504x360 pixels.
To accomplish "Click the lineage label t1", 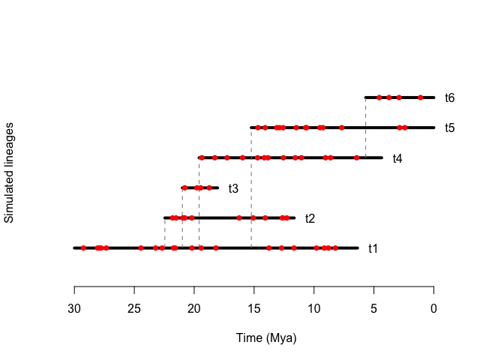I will coord(373,248).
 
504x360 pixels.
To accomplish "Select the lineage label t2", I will coord(310,218).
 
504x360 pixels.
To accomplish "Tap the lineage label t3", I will coord(233,188).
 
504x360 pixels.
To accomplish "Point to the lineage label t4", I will coord(397,158).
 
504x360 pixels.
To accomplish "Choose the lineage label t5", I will coord(449,128).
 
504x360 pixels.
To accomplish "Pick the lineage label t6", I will coord(449,98).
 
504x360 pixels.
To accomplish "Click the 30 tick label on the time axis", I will coord(74,309).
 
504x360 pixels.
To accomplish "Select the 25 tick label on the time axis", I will coord(134,309).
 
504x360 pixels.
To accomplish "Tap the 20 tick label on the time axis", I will coord(194,309).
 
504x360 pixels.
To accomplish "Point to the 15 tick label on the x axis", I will coord(254,309).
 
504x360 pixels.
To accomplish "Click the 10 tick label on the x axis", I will coord(314,309).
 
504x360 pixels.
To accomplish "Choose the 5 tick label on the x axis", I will coord(374,309).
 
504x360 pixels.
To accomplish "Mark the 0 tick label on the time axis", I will coord(434,309).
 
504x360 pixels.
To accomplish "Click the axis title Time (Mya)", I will coord(266,338).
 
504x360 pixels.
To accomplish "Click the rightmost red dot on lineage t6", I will coord(421,97).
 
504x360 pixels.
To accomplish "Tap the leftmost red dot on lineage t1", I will coord(83,247).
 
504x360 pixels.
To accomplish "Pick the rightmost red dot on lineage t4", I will coord(357,157).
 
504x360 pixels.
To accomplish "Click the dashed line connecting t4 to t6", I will coord(365,127).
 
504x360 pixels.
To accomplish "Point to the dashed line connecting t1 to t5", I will coord(251,187).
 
